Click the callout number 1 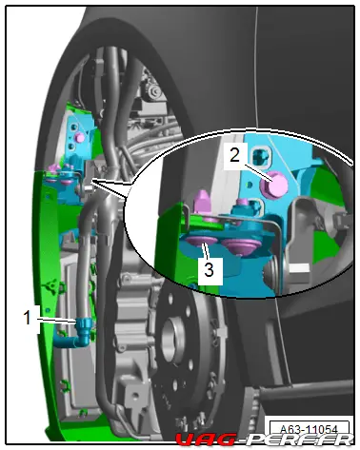pos(28,318)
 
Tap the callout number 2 pos(234,156)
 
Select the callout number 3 pos(209,270)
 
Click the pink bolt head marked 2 pos(274,185)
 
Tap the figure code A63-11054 pos(309,429)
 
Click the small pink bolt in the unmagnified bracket pos(79,138)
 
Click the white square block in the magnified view pos(298,268)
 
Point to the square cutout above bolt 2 pos(261,155)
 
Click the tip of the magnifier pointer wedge pos(91,181)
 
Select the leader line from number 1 pos(58,320)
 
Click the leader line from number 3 pos(207,253)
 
